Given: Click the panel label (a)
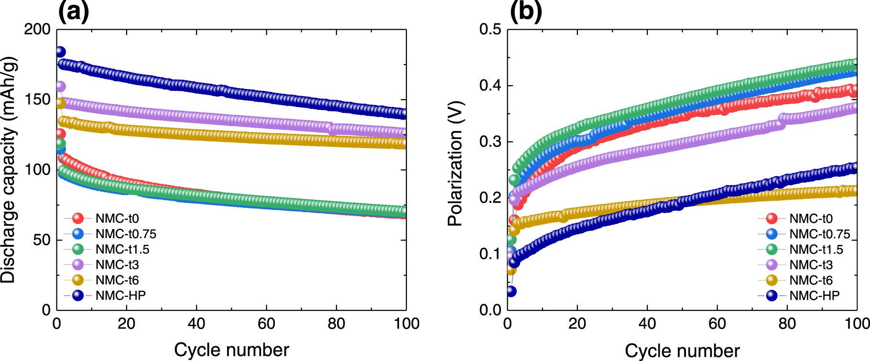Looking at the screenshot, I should [73, 11].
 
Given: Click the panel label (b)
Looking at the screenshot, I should [525, 11].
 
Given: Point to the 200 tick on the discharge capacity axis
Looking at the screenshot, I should [37, 30].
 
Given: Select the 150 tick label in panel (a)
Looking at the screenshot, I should [37, 100].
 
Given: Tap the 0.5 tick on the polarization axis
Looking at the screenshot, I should [490, 30].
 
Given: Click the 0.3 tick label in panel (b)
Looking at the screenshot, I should [490, 142].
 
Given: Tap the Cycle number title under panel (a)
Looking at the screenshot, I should [231, 350].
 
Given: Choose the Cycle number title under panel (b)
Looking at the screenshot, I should [682, 351].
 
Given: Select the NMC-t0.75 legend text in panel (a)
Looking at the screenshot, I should [126, 234].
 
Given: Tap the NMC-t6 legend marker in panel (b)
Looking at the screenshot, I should [772, 280].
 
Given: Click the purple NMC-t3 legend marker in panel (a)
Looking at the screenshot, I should [77, 265].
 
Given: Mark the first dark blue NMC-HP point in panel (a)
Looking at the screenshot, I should [60, 52].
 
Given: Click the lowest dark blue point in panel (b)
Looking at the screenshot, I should [511, 291].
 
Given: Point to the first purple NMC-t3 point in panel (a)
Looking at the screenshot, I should [60, 87].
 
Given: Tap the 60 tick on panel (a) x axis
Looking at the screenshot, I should [266, 324].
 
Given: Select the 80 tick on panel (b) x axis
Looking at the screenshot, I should [787, 324].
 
